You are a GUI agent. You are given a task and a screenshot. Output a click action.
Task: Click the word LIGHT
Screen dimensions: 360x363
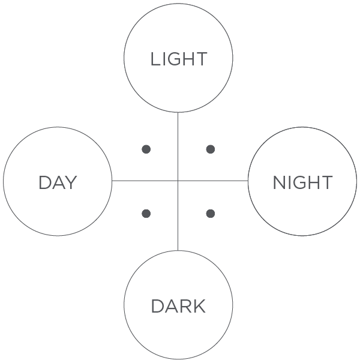[179, 59]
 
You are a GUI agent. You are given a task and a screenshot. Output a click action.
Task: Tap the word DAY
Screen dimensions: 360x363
[58, 182]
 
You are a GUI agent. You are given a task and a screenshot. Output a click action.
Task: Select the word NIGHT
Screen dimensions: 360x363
[302, 182]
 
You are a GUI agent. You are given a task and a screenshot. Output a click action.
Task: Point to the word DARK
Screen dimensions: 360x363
[178, 306]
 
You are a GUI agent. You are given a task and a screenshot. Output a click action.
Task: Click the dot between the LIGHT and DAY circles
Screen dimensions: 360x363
[146, 149]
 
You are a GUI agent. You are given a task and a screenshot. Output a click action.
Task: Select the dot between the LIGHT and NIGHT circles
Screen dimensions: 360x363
[210, 149]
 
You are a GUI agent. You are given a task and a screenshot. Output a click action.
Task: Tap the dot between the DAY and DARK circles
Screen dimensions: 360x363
[146, 214]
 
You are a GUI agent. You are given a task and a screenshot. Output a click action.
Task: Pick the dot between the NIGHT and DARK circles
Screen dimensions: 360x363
[210, 214]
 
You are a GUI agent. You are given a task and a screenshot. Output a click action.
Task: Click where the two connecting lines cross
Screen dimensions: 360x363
[178, 181]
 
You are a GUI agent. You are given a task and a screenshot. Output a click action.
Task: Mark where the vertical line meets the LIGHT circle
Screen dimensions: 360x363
[178, 113]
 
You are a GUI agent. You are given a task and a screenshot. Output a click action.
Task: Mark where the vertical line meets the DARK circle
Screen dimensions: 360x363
[178, 250]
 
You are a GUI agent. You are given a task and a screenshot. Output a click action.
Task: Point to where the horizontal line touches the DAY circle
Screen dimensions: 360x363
[112, 181]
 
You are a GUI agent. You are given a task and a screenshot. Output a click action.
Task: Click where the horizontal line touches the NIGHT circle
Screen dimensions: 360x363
[248, 181]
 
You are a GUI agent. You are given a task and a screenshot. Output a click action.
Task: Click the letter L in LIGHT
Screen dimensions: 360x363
[155, 59]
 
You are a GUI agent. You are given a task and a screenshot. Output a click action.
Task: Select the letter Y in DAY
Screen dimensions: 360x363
[71, 182]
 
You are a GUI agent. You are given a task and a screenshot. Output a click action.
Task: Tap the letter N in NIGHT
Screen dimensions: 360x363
[280, 182]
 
